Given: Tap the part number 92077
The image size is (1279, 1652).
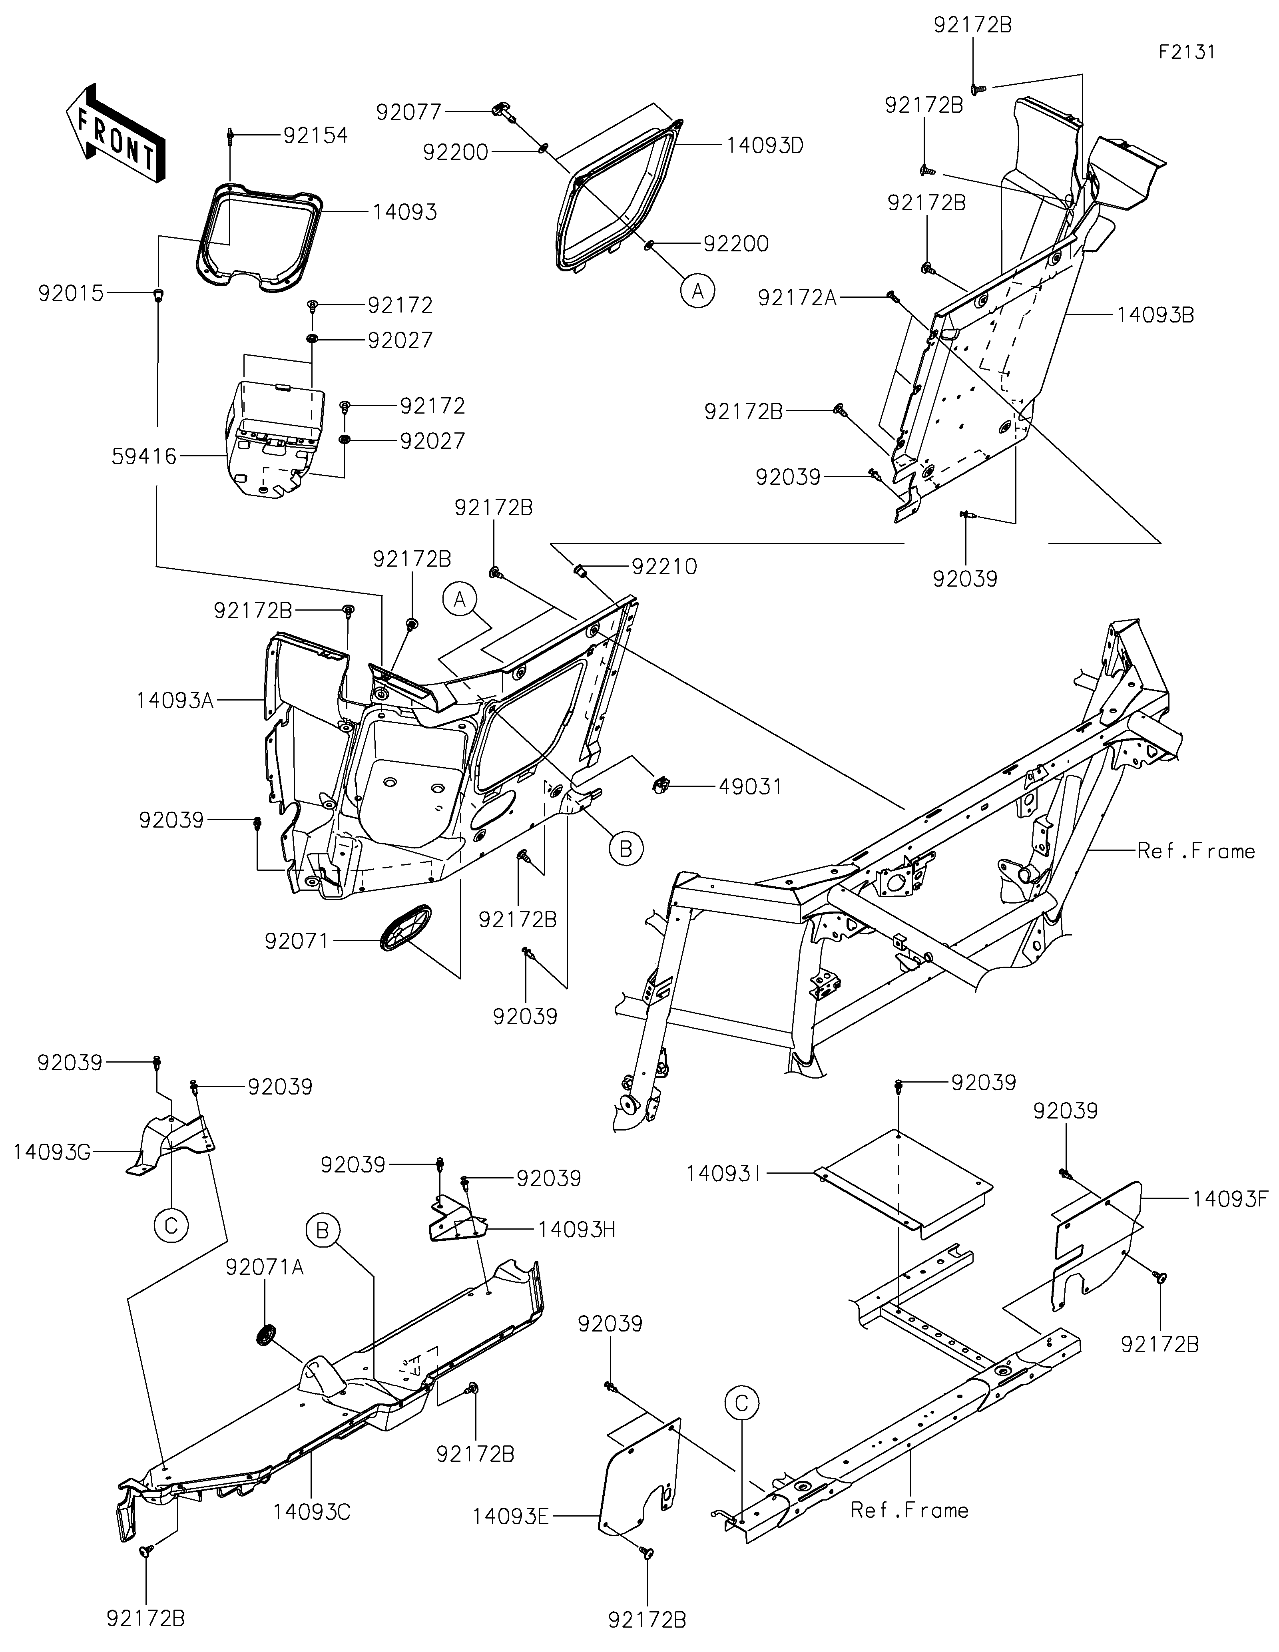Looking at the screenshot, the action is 409,112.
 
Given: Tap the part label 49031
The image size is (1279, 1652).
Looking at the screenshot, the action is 750,787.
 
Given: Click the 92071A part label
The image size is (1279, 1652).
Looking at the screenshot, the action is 265,1267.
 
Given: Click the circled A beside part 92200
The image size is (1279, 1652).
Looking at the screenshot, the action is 697,291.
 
